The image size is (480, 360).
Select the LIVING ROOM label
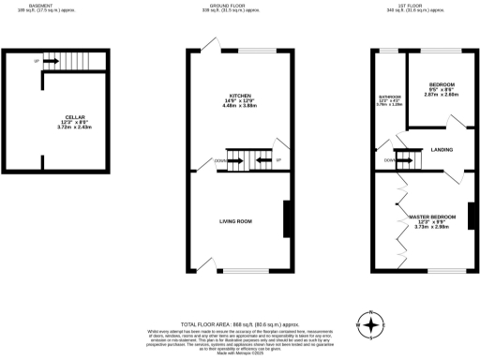coord(236,221)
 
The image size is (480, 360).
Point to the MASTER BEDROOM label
coord(432,216)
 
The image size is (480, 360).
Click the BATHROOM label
coord(390,97)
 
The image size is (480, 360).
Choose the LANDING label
coord(442,150)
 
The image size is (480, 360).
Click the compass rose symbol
coord(372,325)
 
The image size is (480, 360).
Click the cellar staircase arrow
coord(52,62)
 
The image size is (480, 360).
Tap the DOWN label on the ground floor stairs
coord(219,160)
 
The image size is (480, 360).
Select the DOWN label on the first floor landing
coord(388,160)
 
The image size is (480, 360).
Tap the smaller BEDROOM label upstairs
coord(442,83)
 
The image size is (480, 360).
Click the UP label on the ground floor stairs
coord(278,160)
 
